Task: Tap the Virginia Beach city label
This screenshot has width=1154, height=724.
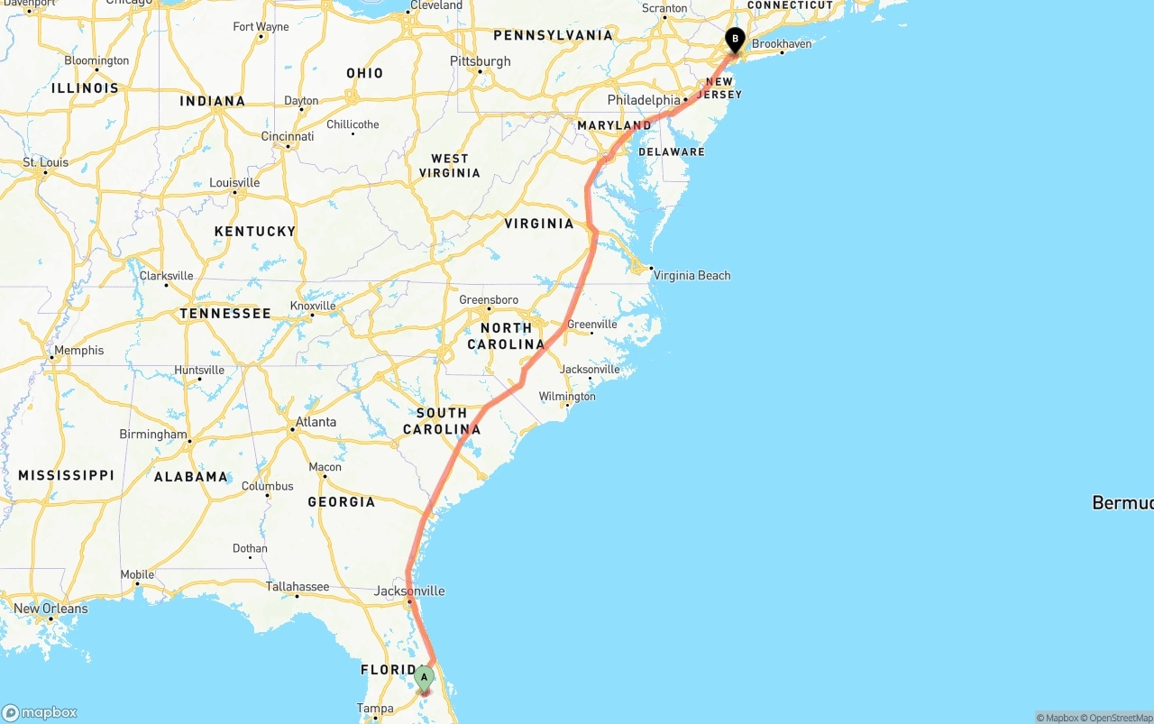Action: (691, 275)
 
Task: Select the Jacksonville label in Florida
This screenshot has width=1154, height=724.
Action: (409, 591)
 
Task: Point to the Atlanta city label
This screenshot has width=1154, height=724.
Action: (316, 422)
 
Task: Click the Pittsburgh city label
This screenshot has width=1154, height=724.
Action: (480, 61)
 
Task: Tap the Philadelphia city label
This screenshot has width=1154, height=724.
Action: (643, 99)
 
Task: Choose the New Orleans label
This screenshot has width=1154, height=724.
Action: (50, 609)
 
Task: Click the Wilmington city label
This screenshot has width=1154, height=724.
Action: (567, 397)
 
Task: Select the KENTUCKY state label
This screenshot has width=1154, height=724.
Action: (255, 232)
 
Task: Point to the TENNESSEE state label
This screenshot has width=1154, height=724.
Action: (225, 314)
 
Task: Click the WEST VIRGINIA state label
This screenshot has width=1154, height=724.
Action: (450, 166)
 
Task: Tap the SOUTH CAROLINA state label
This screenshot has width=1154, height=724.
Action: (442, 421)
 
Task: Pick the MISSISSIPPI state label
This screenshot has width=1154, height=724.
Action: (66, 475)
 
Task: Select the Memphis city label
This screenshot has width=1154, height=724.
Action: (79, 351)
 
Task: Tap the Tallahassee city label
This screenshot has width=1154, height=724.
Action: (298, 587)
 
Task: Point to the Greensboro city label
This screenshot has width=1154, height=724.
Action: (489, 300)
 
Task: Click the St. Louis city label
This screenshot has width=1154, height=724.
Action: (45, 163)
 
